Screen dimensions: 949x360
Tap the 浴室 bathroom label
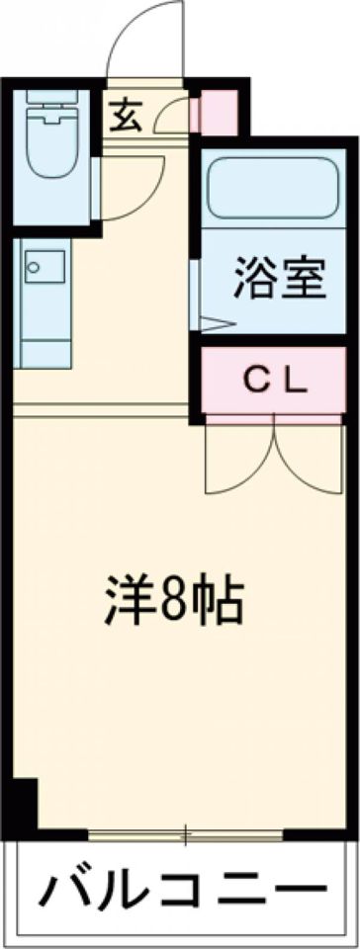[x=279, y=279]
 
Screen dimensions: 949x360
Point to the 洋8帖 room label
[x=174, y=598]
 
